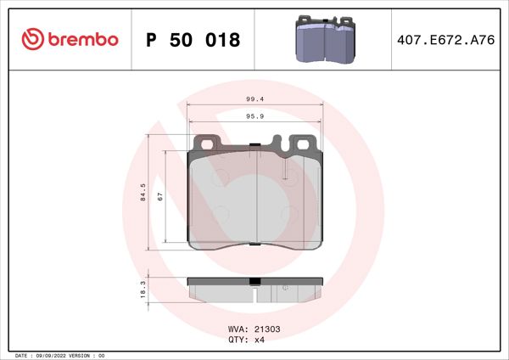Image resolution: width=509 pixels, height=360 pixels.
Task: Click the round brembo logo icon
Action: point(31,40)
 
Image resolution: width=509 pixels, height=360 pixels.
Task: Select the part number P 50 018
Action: point(193,40)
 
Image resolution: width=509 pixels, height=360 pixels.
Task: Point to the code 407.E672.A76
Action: point(445,40)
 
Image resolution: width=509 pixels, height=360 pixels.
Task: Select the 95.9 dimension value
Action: point(255,116)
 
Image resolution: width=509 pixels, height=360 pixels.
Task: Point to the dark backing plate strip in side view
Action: point(212,282)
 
